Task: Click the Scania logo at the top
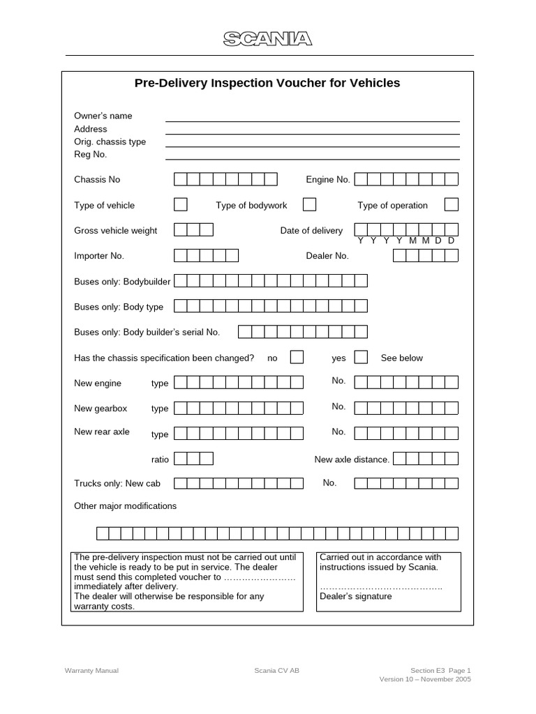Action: [267, 39]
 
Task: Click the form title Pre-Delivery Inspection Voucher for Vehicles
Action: [267, 83]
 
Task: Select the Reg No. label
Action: [90, 154]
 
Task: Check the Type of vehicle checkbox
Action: [180, 204]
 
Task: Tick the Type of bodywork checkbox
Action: [309, 204]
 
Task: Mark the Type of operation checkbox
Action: [452, 204]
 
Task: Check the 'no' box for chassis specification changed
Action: [297, 357]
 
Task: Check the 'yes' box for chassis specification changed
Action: [361, 357]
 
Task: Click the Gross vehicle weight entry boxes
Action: [193, 230]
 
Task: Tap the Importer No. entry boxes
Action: [206, 256]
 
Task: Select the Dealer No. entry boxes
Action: [425, 256]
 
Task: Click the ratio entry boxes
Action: [193, 459]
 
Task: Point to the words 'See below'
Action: [401, 358]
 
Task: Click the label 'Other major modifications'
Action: [126, 506]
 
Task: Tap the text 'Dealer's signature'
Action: [356, 596]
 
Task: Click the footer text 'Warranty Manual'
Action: [91, 671]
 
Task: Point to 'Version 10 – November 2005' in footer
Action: [425, 679]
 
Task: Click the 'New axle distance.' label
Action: [352, 459]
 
